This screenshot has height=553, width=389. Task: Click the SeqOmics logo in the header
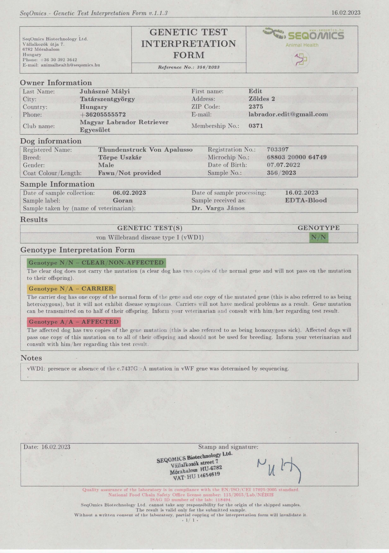(304, 35)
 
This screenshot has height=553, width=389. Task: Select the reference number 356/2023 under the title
(189, 67)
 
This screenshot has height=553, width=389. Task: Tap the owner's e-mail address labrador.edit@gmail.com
(288, 114)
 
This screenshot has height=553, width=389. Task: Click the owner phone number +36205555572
(103, 115)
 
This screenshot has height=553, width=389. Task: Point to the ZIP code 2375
(256, 107)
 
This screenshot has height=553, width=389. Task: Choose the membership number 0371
(256, 126)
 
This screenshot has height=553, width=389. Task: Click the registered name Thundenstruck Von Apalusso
(145, 150)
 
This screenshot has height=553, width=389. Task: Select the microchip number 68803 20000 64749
(297, 157)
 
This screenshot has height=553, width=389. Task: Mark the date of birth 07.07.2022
(283, 165)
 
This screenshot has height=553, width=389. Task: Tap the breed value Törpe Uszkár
(120, 158)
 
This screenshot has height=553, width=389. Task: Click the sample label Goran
(122, 201)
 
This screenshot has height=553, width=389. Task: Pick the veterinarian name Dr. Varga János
(218, 208)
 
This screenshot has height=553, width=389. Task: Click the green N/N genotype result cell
(318, 238)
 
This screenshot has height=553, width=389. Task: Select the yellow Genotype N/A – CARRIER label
(71, 289)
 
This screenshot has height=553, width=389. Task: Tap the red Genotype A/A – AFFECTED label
(74, 322)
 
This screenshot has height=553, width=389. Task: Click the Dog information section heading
(51, 141)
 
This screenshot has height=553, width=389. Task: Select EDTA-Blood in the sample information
(306, 201)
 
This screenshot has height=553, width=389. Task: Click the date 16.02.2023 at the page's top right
(346, 13)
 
